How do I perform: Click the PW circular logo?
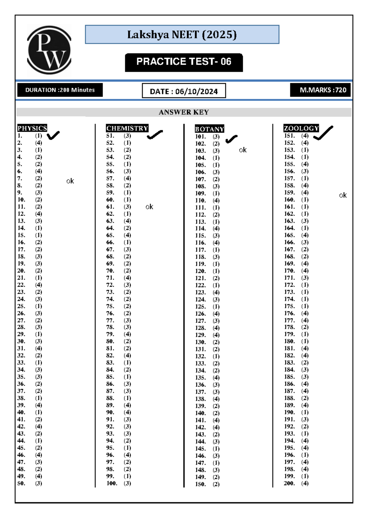click(49, 50)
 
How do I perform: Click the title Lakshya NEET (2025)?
click(182, 35)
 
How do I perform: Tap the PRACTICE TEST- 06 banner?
click(184, 62)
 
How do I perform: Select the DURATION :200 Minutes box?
click(60, 90)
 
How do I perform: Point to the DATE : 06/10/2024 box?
click(184, 91)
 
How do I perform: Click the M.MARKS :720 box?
click(320, 90)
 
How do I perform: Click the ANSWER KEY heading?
click(184, 112)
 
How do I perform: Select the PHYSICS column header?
click(32, 128)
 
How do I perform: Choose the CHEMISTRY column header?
click(127, 128)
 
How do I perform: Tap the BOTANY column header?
click(209, 129)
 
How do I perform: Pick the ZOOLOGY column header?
click(301, 128)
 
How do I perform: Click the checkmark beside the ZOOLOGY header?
click(323, 133)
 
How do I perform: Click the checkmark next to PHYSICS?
click(53, 135)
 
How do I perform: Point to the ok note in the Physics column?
click(70, 181)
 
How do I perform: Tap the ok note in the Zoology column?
click(343, 195)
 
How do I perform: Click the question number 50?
click(21, 484)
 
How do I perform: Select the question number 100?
click(112, 484)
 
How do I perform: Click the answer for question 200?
click(305, 484)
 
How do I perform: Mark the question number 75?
click(110, 306)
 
